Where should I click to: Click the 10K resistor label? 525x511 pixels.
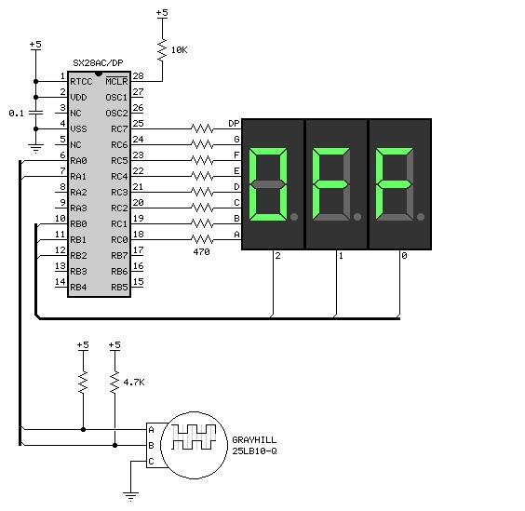coord(179,50)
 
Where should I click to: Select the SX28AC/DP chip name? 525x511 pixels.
coord(98,62)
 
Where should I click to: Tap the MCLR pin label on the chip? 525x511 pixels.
coord(117,81)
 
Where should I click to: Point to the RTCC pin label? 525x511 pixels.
coord(81,82)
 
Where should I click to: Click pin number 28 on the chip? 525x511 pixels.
coord(138,76)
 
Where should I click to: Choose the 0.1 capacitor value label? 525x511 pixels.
coord(17,114)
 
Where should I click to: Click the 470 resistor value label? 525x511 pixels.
coord(202,251)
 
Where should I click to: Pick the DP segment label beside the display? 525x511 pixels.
coord(234,124)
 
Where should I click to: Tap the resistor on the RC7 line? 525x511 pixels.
coord(202,128)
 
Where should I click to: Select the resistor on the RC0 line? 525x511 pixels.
coord(202,239)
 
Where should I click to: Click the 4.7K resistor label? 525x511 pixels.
coord(134,382)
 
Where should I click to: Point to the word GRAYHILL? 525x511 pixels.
coord(254,439)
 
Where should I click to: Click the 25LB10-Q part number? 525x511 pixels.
coord(254,451)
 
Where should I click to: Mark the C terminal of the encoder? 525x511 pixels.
coord(151,462)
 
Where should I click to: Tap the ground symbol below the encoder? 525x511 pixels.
coord(130,496)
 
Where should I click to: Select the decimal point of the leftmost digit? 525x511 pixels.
coord(294,217)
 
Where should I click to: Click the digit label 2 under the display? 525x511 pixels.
coord(277,256)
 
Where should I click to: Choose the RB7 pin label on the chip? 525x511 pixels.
coord(119,255)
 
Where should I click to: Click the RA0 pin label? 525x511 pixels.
coord(79,161)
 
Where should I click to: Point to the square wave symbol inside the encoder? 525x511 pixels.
coord(194,437)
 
